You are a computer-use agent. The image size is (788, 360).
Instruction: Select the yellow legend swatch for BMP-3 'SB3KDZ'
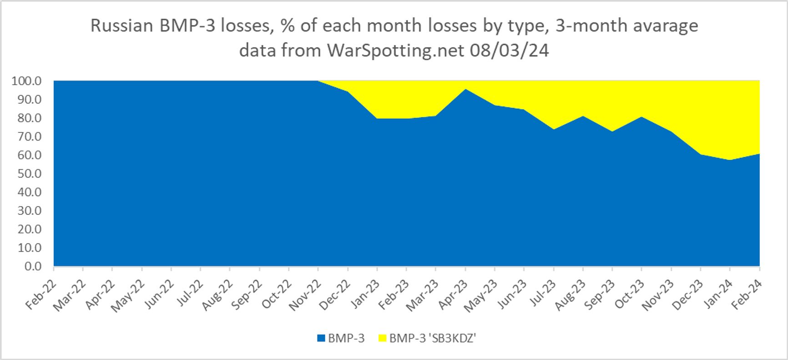click(382, 338)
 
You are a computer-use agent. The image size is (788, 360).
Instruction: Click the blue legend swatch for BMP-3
click(321, 338)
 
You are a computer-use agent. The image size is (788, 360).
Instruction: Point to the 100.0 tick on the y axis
click(27, 81)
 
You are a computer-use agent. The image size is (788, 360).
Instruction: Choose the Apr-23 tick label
click(453, 296)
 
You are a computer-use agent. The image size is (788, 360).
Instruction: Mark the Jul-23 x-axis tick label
click(541, 296)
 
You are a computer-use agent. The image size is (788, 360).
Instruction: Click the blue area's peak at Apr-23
click(465, 89)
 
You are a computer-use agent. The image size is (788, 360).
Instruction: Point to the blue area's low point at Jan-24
click(730, 160)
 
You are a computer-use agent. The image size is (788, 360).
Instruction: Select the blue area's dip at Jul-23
click(554, 129)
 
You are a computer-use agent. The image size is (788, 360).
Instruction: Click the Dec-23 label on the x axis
click(688, 296)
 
